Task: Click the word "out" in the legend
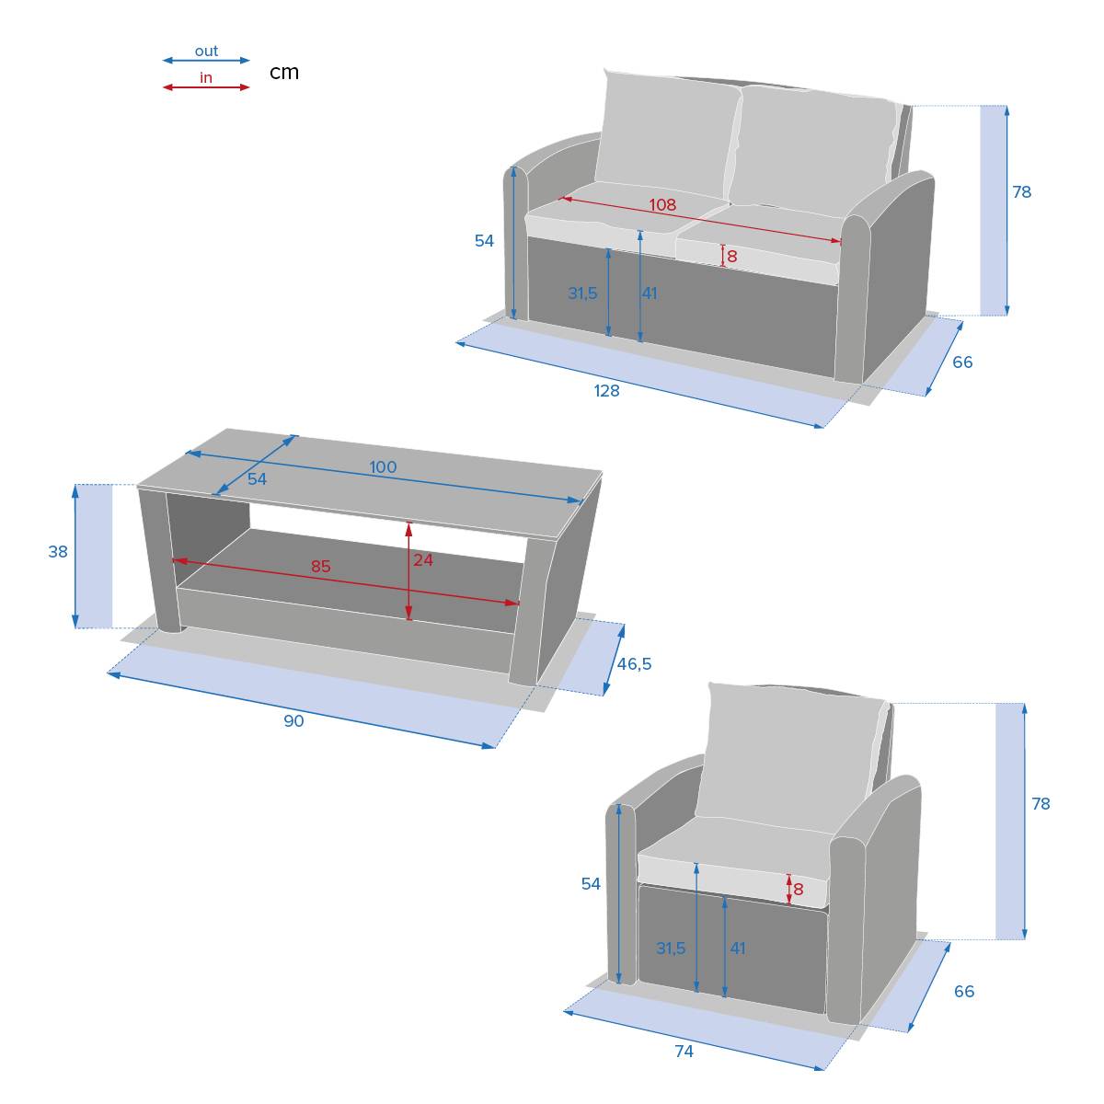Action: click(206, 52)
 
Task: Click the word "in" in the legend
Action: click(206, 78)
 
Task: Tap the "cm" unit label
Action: click(284, 73)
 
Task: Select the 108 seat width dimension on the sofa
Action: click(662, 204)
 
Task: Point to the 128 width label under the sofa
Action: click(606, 391)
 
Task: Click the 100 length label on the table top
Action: click(383, 467)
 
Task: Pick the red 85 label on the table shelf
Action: click(321, 566)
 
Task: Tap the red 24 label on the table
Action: click(423, 559)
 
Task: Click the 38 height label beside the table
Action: click(58, 552)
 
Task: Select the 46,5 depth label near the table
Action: click(634, 664)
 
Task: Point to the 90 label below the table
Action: click(293, 720)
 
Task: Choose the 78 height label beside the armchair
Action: click(1041, 804)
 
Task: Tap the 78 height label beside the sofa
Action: click(1022, 192)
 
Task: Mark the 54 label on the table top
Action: click(258, 479)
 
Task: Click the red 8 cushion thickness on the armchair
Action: click(798, 889)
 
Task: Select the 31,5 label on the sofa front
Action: click(582, 293)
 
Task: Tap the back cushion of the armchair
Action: click(790, 757)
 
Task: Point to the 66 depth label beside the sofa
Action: click(962, 362)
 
